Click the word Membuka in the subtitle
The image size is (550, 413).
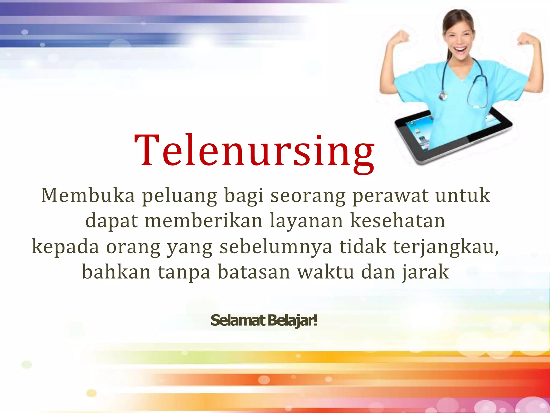point(88,195)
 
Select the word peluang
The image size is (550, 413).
point(179,196)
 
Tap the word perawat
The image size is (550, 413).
point(390,196)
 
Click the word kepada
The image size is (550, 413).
point(66,247)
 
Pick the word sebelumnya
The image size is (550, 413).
point(276,247)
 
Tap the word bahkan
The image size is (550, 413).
point(116,272)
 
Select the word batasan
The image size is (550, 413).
point(254,272)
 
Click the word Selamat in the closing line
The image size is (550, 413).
point(238,321)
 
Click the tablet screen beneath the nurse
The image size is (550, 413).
point(419,134)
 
